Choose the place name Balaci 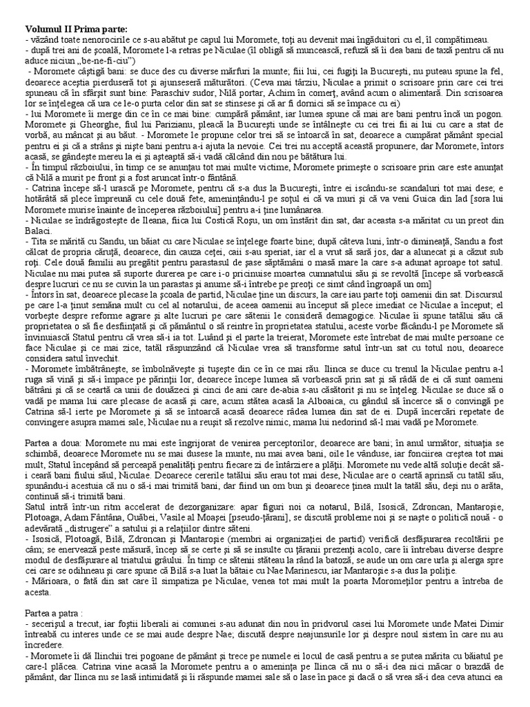(38, 234)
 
